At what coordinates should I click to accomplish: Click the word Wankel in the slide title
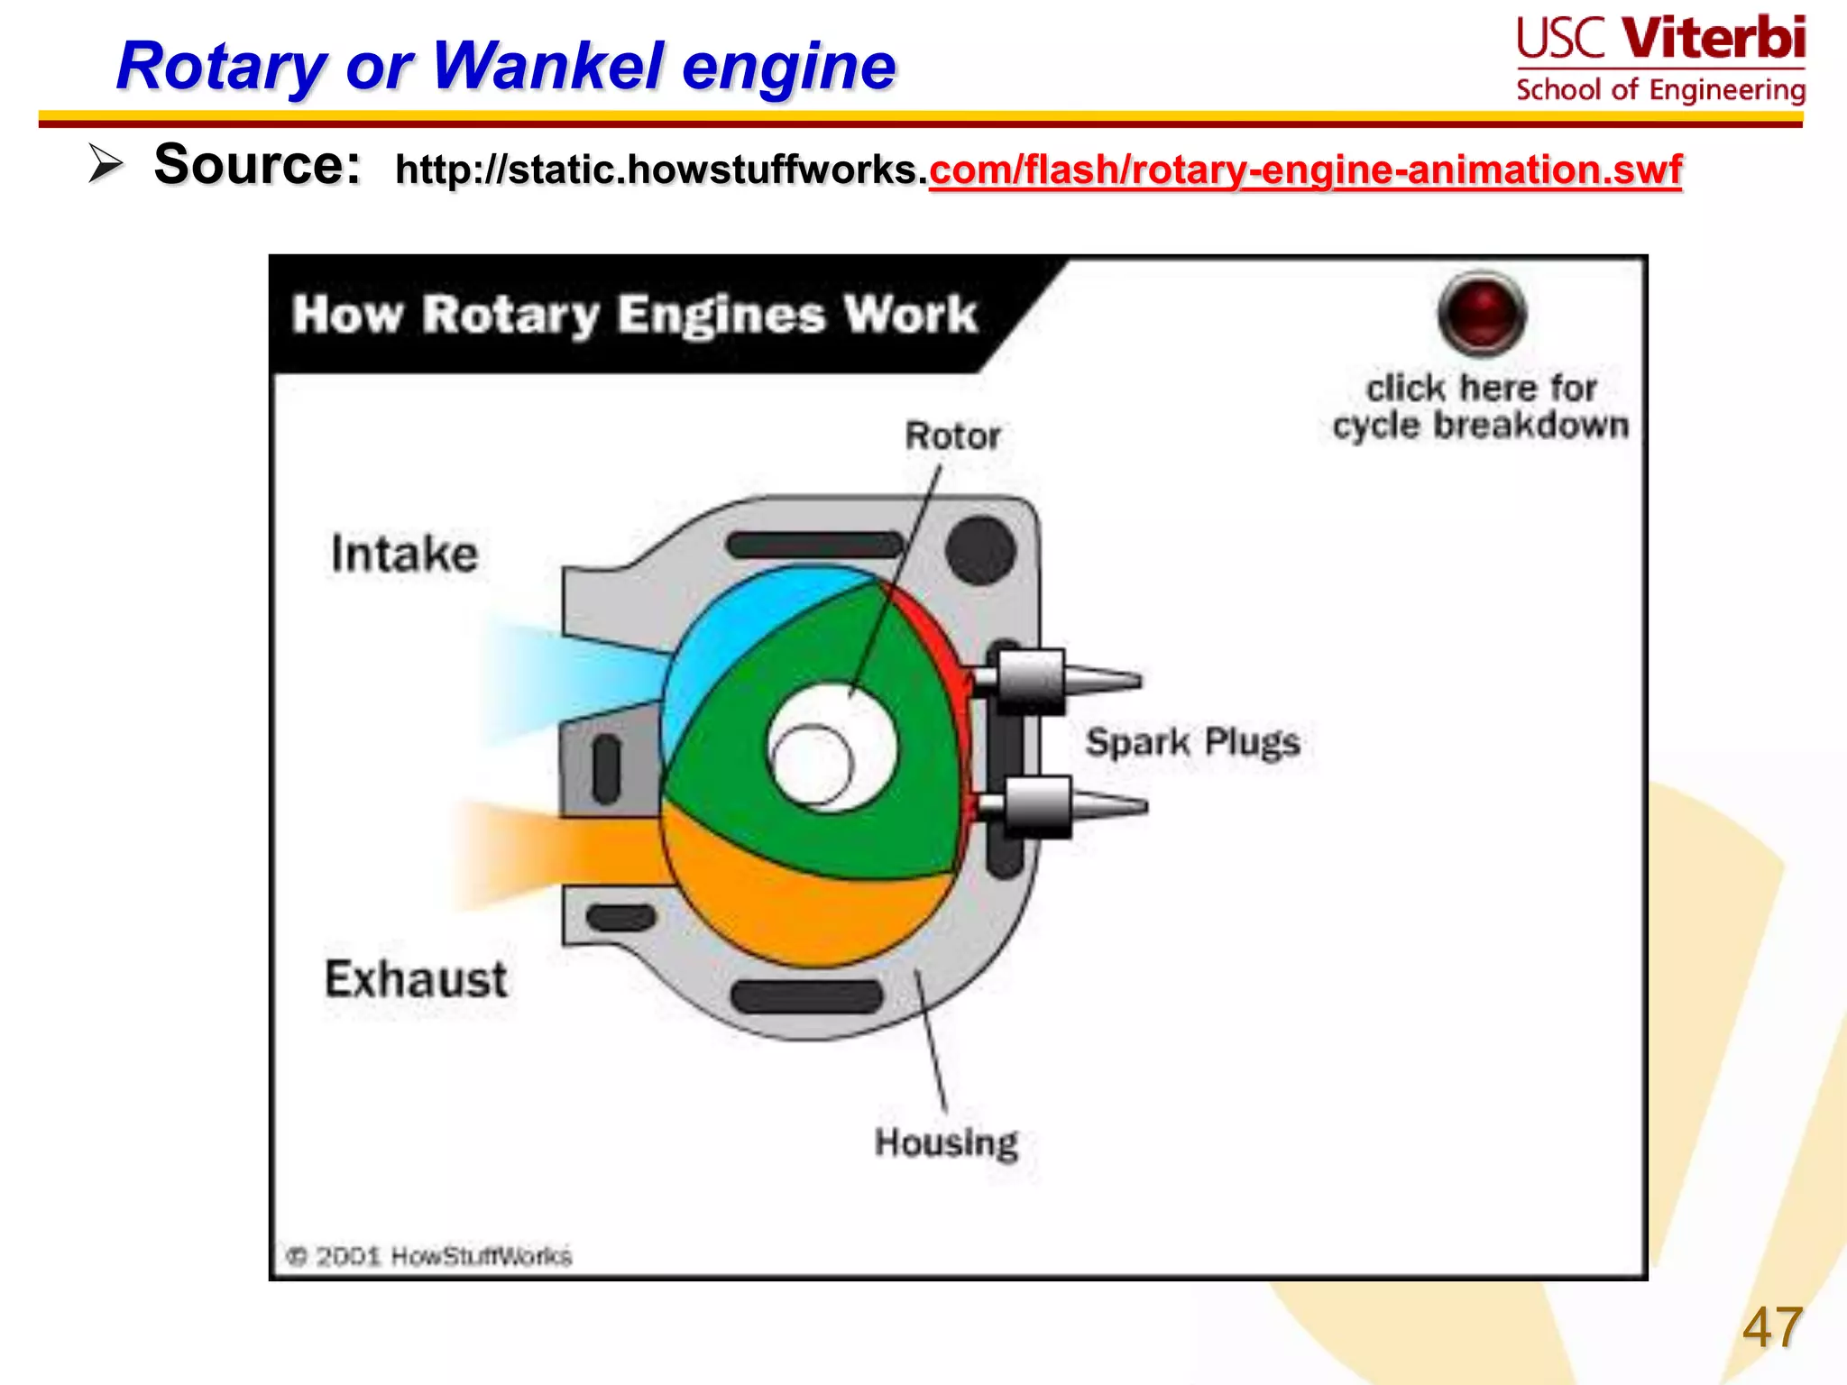coord(547,67)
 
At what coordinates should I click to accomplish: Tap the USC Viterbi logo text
coord(1660,40)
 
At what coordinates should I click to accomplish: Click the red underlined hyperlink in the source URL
coord(1305,170)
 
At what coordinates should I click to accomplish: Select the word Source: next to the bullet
coord(257,165)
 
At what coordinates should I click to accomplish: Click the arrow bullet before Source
coord(106,165)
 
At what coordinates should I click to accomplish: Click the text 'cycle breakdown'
coord(1481,426)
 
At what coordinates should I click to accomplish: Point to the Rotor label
coord(952,436)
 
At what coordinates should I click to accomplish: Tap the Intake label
coord(404,554)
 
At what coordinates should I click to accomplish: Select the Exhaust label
coord(416,979)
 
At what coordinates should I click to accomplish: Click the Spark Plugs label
coord(1192,743)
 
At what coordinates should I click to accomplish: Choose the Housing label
coord(946,1143)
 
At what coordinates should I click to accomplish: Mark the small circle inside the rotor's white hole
coord(812,766)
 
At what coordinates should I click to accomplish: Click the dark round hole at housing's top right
coord(980,550)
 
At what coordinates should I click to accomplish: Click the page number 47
coord(1771,1327)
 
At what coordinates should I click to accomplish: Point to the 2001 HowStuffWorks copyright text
coord(430,1256)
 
